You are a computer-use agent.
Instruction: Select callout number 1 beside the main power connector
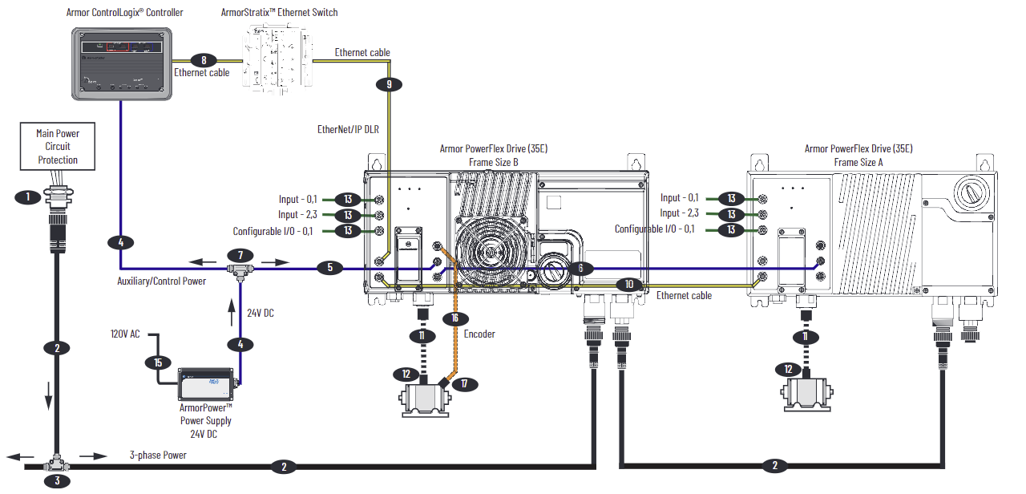coord(28,196)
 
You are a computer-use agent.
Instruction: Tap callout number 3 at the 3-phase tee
coord(57,481)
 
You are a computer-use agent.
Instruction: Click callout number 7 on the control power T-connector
coord(237,254)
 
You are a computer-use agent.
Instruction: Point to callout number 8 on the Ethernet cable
coord(204,59)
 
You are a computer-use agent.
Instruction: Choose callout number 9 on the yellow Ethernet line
coord(390,83)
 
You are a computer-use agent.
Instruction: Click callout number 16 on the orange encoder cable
coord(454,318)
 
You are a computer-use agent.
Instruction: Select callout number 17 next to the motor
coord(463,384)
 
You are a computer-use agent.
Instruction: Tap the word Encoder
coord(479,334)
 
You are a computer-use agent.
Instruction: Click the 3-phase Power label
coord(158,456)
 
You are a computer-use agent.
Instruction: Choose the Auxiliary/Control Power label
coord(161,281)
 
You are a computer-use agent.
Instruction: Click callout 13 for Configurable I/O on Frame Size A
coord(731,230)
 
